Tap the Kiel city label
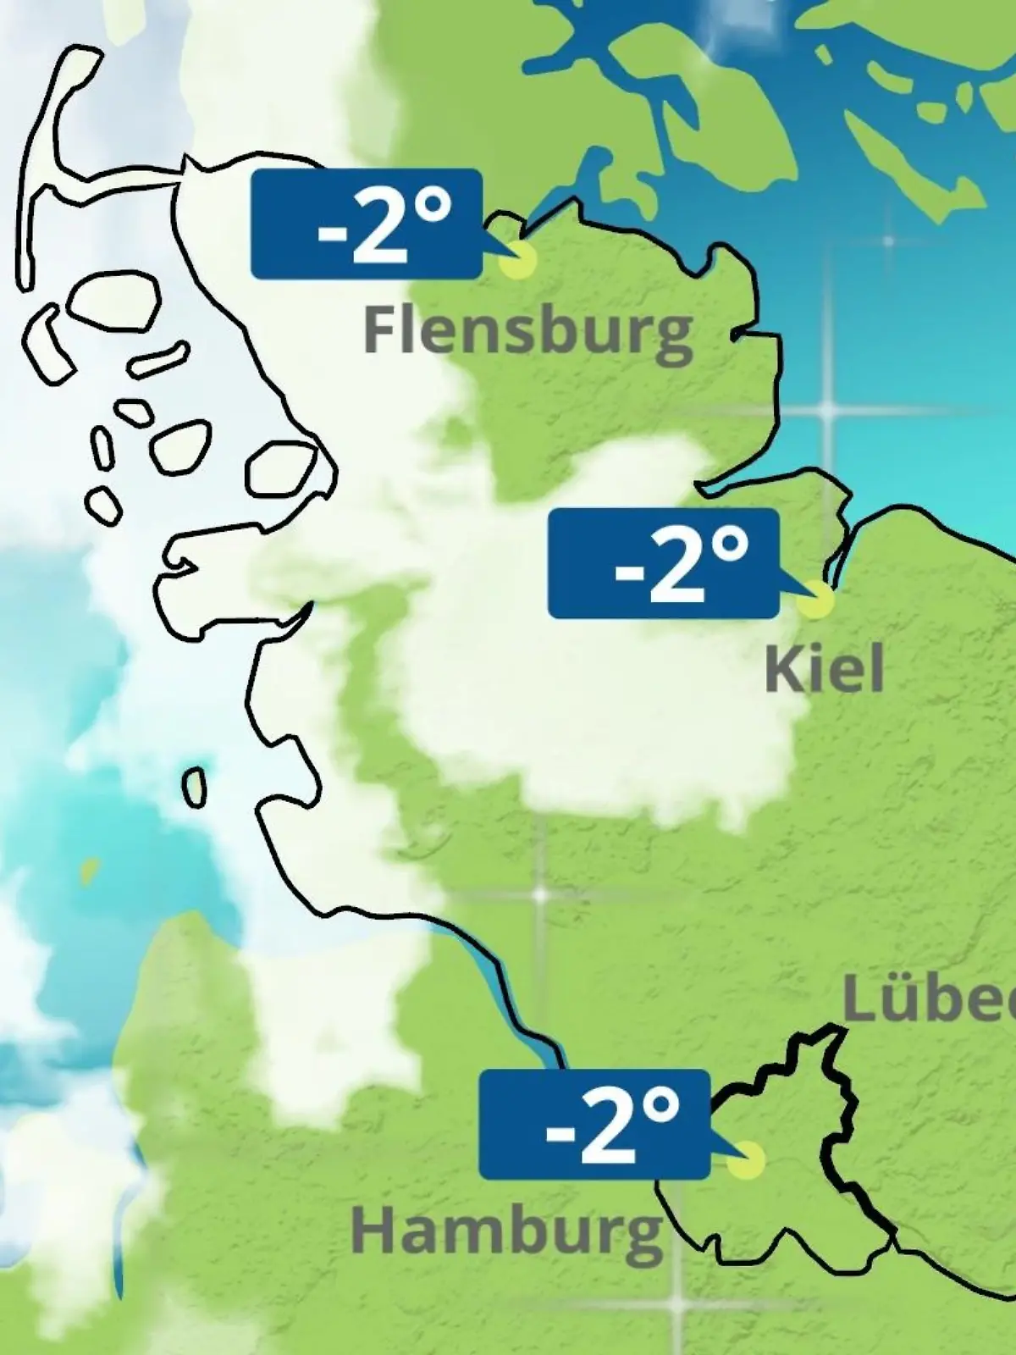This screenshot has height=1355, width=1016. pyautogui.click(x=824, y=669)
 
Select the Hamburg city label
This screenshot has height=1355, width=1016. pyautogui.click(x=506, y=1232)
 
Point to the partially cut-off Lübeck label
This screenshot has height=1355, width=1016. pyautogui.click(x=930, y=1001)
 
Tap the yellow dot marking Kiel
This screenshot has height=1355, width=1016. pyautogui.click(x=816, y=599)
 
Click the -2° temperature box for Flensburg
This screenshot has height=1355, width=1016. pyautogui.click(x=367, y=224)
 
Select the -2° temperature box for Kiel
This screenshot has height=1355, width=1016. pyautogui.click(x=663, y=563)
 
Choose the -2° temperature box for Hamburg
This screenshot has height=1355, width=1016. pyautogui.click(x=594, y=1125)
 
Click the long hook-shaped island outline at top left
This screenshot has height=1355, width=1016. pyautogui.click(x=51, y=169)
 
